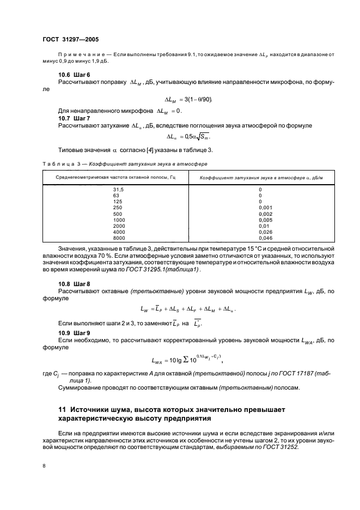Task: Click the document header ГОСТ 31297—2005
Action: tap(71, 40)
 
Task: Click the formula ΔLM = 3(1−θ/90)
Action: tap(188, 100)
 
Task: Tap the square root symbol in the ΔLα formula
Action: tap(199, 137)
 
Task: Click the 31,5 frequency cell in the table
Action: tap(119, 189)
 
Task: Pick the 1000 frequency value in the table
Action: tap(119, 220)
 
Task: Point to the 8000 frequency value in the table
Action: tap(119, 238)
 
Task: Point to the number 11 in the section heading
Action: tap(62, 409)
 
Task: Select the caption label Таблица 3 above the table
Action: tap(61, 163)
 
